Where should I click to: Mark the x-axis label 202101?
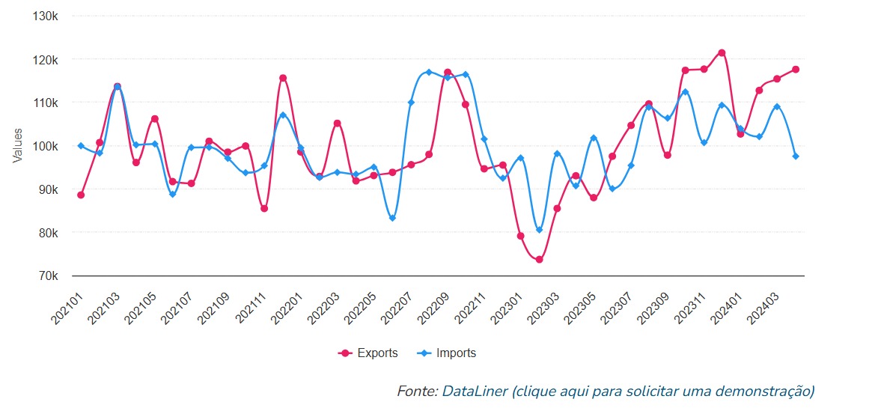[x=68, y=308]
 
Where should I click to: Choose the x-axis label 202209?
[x=435, y=308]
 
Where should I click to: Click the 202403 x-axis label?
[x=765, y=308]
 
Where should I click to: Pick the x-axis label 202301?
[x=508, y=308]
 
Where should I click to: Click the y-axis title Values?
[x=17, y=146]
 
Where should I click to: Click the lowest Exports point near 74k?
[x=539, y=260]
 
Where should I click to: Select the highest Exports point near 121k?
[x=722, y=52]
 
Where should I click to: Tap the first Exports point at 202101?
[x=81, y=195]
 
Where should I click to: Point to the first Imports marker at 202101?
[x=81, y=145]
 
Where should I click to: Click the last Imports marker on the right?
[x=796, y=156]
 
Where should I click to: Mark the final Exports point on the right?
[x=796, y=70]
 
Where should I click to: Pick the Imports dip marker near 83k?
[x=392, y=219]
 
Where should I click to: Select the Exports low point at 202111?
[x=264, y=208]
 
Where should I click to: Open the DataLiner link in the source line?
[x=474, y=392]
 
